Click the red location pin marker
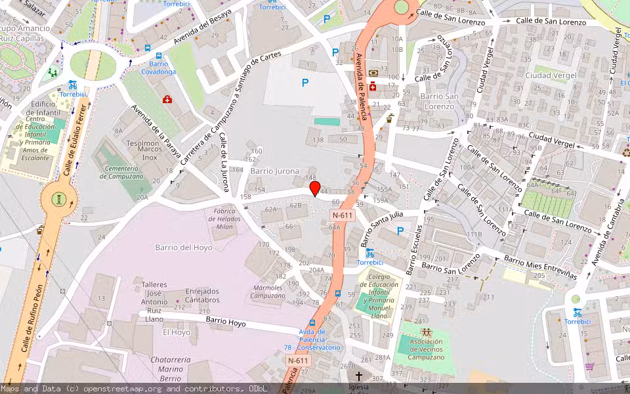click(315, 189)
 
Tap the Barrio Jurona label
click(274, 171)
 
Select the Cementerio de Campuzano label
click(121, 172)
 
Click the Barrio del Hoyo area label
click(184, 248)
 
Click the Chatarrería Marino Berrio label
click(170, 369)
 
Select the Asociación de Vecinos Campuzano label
click(426, 349)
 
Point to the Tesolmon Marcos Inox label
click(144, 150)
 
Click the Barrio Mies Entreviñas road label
click(540, 267)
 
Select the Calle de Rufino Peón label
click(34, 318)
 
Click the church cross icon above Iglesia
click(358, 377)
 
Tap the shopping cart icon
click(589, 366)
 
